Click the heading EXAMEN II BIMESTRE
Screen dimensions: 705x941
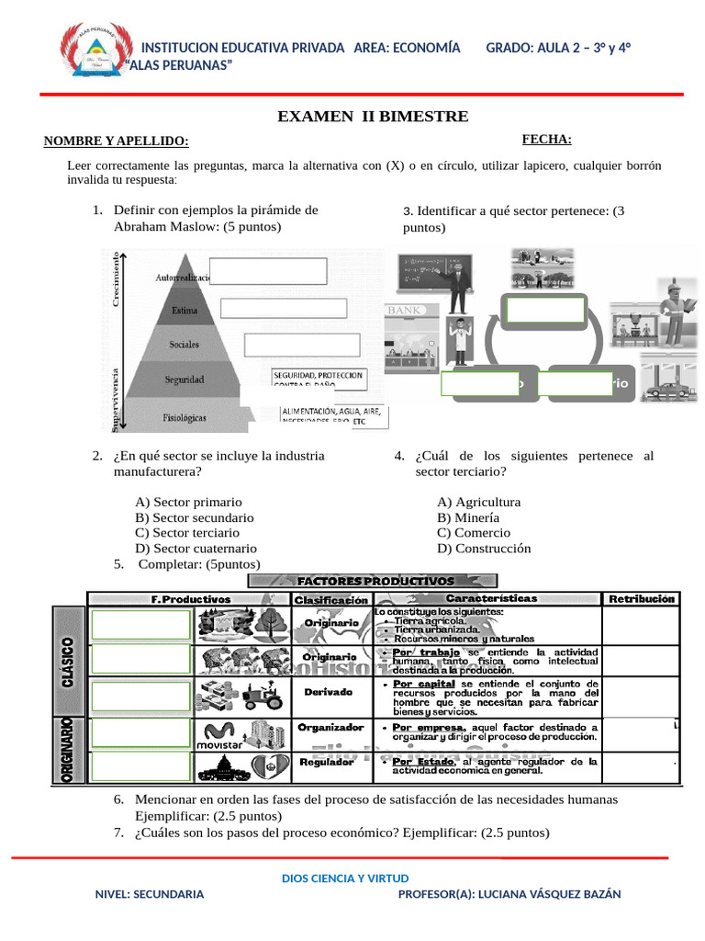pos(373,117)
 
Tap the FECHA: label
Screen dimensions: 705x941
pos(546,140)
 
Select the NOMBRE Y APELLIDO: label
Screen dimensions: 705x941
pos(117,142)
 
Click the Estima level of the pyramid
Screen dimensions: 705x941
pos(185,311)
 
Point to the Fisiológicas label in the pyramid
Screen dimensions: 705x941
pos(184,417)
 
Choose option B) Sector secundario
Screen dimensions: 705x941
pos(194,517)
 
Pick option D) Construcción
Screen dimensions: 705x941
pos(484,549)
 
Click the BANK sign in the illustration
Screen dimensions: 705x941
pos(405,311)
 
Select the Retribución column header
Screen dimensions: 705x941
pos(641,598)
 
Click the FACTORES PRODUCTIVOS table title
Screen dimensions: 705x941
pos(375,581)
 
